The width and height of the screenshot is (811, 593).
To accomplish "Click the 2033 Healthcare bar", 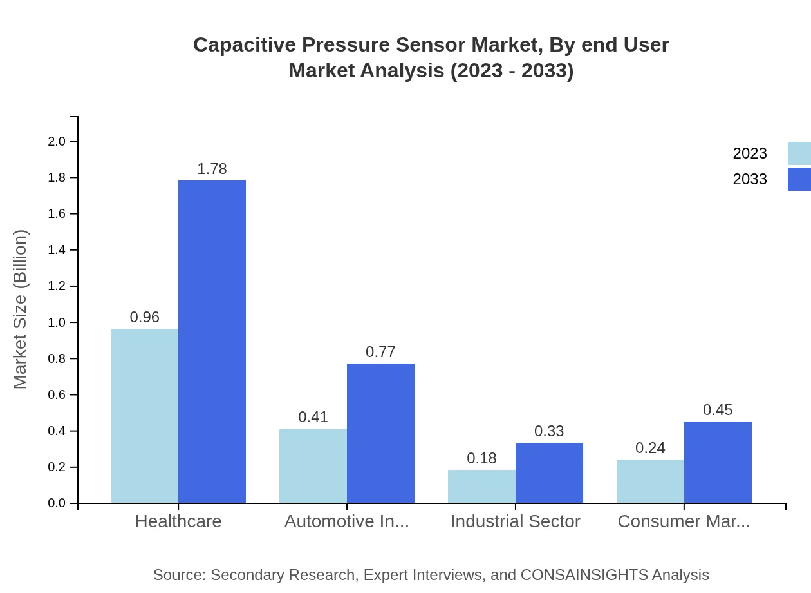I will (x=212, y=342).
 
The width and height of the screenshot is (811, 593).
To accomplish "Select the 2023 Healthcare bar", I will (x=144, y=416).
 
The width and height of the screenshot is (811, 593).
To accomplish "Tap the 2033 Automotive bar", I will (x=380, y=433).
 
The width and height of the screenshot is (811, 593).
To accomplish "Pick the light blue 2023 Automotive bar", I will (x=313, y=465).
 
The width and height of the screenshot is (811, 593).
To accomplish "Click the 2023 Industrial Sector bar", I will (x=481, y=486).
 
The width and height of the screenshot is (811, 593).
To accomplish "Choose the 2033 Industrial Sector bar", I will (x=549, y=472).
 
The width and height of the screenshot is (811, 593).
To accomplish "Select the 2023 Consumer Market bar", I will (x=650, y=481).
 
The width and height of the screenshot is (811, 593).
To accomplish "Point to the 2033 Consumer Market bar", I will (x=718, y=462).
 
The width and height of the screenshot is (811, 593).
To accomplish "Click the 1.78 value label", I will (x=212, y=169).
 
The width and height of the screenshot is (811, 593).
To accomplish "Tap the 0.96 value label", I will (x=144, y=317).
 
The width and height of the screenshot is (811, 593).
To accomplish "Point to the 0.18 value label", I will (x=481, y=458).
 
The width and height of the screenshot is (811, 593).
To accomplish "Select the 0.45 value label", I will (x=718, y=410).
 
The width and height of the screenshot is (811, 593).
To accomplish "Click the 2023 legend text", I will (x=750, y=153).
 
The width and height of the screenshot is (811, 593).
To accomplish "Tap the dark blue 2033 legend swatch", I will (x=799, y=179).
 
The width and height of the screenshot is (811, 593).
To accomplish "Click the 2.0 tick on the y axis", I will (x=57, y=141).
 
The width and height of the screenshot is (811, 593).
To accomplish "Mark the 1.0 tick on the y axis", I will (x=57, y=322).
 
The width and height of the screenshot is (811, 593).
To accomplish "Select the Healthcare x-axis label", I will (x=178, y=521).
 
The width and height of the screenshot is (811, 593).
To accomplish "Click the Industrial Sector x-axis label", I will (x=515, y=521).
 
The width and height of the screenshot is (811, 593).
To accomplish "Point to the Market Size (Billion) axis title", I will (x=21, y=309).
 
